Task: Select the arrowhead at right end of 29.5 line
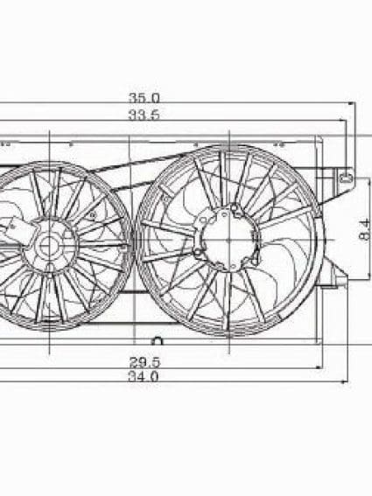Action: (x=320, y=367)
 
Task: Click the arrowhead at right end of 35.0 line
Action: (x=349, y=105)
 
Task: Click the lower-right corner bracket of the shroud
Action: (x=335, y=280)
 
